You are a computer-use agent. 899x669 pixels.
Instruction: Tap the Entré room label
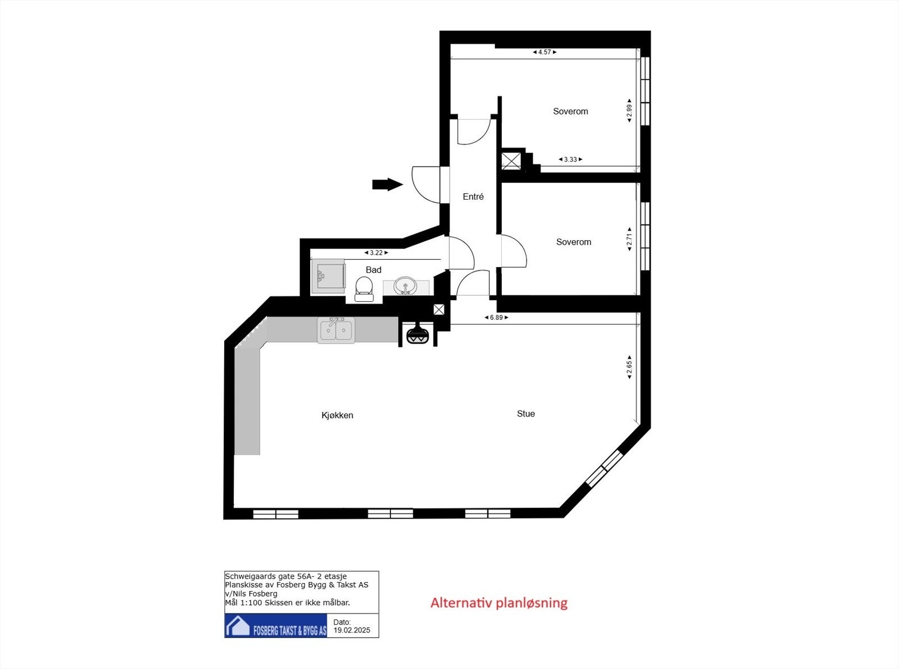pyautogui.click(x=473, y=196)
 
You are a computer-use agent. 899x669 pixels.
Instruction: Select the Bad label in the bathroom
pyautogui.click(x=374, y=270)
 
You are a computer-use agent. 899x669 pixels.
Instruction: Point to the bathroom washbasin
pyautogui.click(x=405, y=286)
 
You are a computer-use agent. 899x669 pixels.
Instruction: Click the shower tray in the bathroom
pyautogui.click(x=329, y=276)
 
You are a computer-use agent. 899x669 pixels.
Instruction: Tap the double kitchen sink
pyautogui.click(x=336, y=330)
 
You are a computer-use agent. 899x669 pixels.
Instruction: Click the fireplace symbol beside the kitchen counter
pyautogui.click(x=417, y=334)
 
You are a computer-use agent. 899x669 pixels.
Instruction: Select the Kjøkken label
pyautogui.click(x=337, y=415)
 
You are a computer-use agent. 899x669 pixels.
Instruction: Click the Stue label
pyautogui.click(x=526, y=414)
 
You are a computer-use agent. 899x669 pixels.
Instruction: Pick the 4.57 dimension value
pyautogui.click(x=544, y=52)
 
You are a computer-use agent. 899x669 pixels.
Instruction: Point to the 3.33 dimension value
pyautogui.click(x=570, y=159)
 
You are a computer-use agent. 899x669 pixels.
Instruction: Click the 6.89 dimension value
pyautogui.click(x=496, y=318)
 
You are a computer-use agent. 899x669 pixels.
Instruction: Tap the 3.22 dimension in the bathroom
pyautogui.click(x=376, y=253)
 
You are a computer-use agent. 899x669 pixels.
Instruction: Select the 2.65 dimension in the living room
pyautogui.click(x=629, y=367)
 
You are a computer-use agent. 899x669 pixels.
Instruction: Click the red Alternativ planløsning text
pyautogui.click(x=499, y=603)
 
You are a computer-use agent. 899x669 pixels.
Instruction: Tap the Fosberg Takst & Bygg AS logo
pyautogui.click(x=276, y=626)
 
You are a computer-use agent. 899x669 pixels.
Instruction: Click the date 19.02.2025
pyautogui.click(x=352, y=630)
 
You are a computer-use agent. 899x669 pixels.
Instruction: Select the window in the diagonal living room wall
pyautogui.click(x=605, y=467)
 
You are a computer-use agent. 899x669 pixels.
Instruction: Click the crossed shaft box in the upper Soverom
pyautogui.click(x=511, y=161)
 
